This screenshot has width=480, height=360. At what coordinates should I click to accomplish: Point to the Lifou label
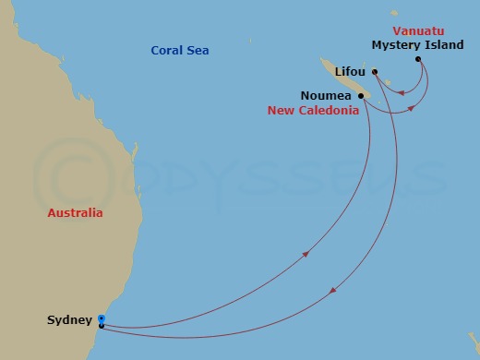point(349,71)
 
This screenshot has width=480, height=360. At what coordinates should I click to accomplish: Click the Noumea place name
point(323,95)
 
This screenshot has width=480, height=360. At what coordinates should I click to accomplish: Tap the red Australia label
point(76,212)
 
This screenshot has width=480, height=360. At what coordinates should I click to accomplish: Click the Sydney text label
point(69,320)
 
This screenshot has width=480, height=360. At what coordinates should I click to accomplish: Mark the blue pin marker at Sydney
point(101,319)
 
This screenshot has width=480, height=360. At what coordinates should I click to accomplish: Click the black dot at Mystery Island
point(418,60)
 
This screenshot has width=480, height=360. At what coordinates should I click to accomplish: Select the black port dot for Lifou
point(375,72)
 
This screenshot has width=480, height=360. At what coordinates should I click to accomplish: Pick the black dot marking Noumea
point(360,94)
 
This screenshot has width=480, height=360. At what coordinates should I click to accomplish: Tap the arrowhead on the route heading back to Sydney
point(331,291)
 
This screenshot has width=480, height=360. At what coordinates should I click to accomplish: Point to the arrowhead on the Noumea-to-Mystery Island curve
point(412,108)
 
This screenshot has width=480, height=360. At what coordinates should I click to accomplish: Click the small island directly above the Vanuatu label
point(394,12)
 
